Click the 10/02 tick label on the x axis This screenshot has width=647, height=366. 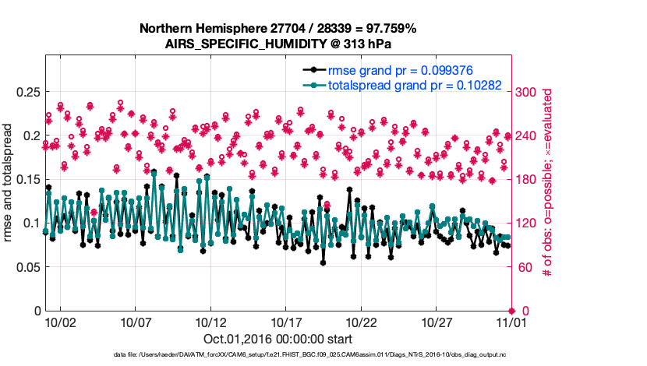[x=60, y=322]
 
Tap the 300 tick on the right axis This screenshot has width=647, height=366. [x=527, y=92]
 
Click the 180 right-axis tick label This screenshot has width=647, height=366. [x=527, y=179]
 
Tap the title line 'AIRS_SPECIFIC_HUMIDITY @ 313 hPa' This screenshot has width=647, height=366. [x=278, y=44]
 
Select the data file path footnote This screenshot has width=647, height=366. [x=278, y=355]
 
